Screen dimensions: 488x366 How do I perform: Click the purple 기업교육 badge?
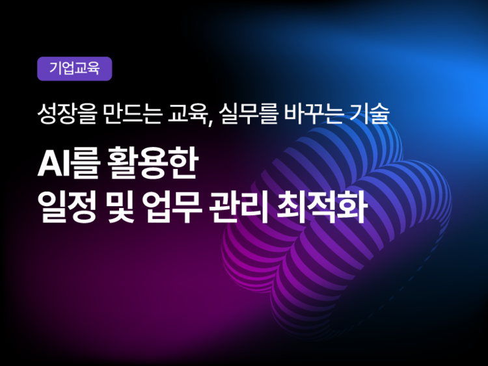74,69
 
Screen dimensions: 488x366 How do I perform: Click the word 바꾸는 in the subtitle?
314,114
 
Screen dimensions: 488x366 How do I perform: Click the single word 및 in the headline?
120,207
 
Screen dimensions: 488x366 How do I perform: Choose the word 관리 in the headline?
239,207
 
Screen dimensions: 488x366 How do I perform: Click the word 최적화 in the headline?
322,207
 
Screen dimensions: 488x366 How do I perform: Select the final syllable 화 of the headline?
353,207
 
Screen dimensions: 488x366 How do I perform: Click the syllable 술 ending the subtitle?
380,114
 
